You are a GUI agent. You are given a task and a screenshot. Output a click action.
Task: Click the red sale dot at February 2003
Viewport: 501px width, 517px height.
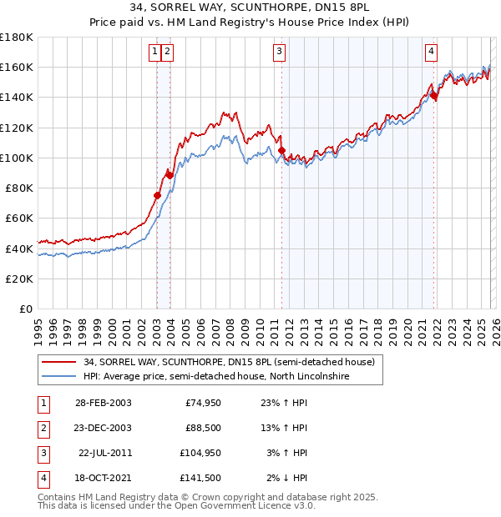point(157,195)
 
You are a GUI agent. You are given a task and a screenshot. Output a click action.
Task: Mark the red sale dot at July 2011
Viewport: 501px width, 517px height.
point(281,150)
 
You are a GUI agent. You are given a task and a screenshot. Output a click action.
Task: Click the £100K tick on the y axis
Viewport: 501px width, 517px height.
point(17,158)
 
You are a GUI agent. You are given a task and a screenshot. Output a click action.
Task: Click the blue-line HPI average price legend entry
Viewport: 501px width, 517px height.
point(215,377)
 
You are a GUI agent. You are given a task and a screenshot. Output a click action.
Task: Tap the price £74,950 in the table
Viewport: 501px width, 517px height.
point(203,402)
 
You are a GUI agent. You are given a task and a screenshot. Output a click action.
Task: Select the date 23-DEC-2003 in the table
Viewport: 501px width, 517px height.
point(103,428)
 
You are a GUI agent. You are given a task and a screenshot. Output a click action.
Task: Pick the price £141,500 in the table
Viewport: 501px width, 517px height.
point(200,478)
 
